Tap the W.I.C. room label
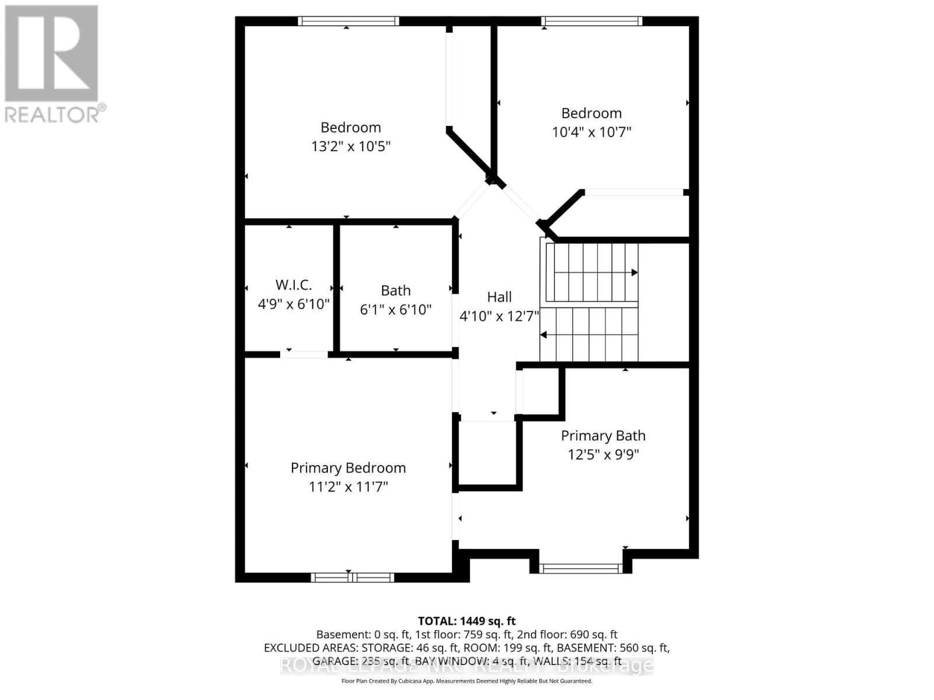[x=294, y=285]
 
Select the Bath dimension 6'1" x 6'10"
[x=395, y=309]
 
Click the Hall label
[x=499, y=297]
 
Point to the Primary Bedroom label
[x=348, y=468]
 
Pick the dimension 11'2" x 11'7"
[x=348, y=487]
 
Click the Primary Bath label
[x=603, y=436]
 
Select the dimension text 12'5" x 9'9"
[x=603, y=454]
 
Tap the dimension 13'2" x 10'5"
[x=350, y=146]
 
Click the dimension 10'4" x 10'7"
[x=591, y=132]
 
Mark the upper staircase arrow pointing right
[x=634, y=272]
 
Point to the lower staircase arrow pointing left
[x=544, y=335]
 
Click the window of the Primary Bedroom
[x=352, y=577]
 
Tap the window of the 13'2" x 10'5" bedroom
[x=348, y=21]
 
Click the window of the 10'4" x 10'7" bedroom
[x=591, y=21]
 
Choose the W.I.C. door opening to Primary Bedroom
[x=304, y=354]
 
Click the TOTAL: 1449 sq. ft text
[x=466, y=621]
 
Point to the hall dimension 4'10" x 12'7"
[x=499, y=316]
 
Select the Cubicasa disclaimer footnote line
[x=466, y=681]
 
